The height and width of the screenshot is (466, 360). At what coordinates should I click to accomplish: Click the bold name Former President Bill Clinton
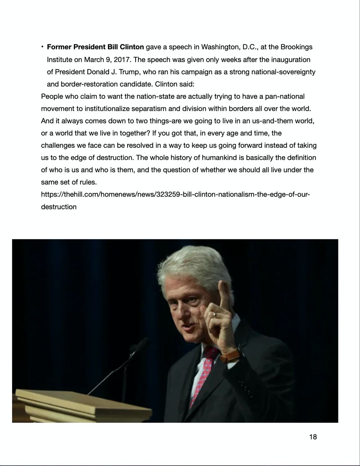coord(95,47)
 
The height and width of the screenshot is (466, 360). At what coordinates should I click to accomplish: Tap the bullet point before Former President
coord(43,47)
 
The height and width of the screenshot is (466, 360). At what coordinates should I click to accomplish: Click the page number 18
coord(313,437)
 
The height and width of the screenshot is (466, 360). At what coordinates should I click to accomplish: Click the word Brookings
coord(296,47)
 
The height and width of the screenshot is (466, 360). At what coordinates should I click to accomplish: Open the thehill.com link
coord(175,194)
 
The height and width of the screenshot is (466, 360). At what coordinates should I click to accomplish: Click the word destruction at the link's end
coord(59,207)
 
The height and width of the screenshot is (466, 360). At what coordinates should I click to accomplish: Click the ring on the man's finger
coord(215,314)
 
